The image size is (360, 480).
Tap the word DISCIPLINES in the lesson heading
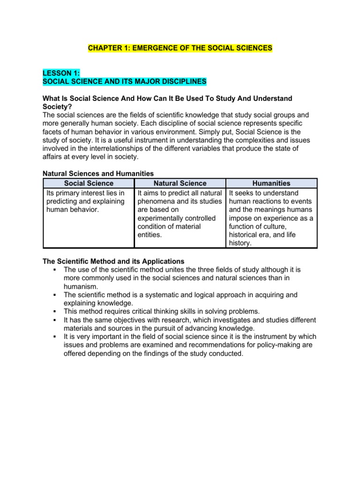pos(182,82)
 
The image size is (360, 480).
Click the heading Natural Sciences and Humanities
pos(98,174)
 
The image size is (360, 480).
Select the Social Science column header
pos(89,183)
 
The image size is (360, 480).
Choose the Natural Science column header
pos(180,183)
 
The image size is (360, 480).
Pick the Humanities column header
pos(271,183)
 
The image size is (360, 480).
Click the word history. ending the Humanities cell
pos(240,243)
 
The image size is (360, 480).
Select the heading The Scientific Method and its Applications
pos(113,261)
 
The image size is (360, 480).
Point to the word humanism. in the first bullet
pos(81,286)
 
